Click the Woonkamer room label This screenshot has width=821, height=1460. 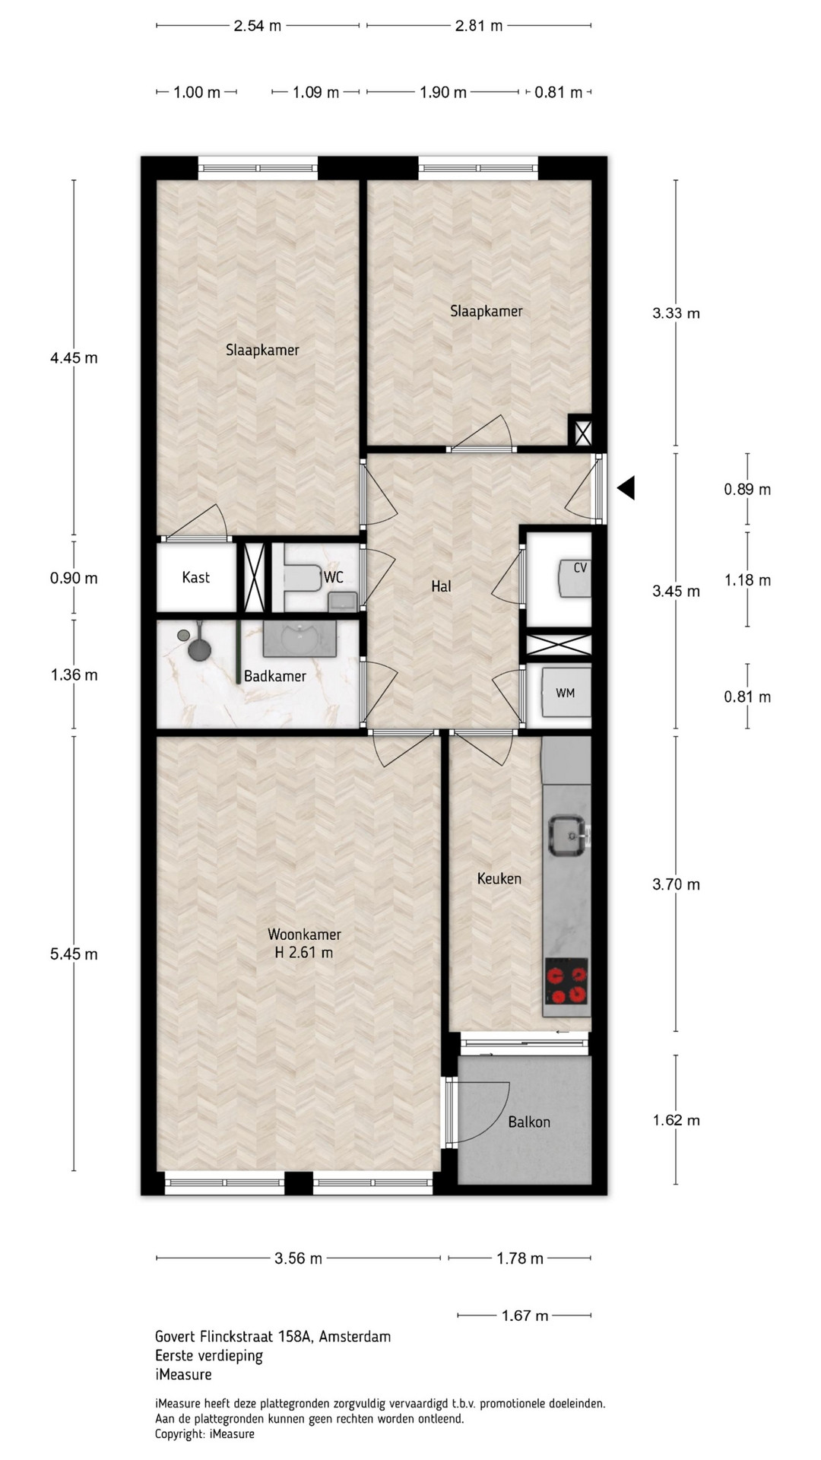tap(304, 934)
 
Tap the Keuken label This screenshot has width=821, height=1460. tap(499, 878)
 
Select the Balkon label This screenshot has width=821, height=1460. tap(529, 1122)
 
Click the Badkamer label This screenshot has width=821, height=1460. tap(274, 676)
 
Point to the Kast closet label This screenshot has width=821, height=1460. tap(195, 577)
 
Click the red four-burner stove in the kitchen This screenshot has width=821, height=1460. tap(566, 982)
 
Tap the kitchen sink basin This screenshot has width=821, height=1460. tap(567, 836)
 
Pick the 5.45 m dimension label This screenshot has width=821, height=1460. tap(74, 954)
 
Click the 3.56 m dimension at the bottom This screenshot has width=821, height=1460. tap(298, 1258)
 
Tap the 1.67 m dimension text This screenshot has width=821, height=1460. tap(525, 1315)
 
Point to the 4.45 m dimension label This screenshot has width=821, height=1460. tap(74, 357)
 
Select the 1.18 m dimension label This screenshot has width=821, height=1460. tap(747, 580)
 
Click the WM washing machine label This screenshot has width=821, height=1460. tap(565, 693)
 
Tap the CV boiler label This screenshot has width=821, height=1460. tap(580, 567)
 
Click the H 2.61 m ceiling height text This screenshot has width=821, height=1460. tap(304, 952)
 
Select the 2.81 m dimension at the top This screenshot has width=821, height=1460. tap(479, 25)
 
